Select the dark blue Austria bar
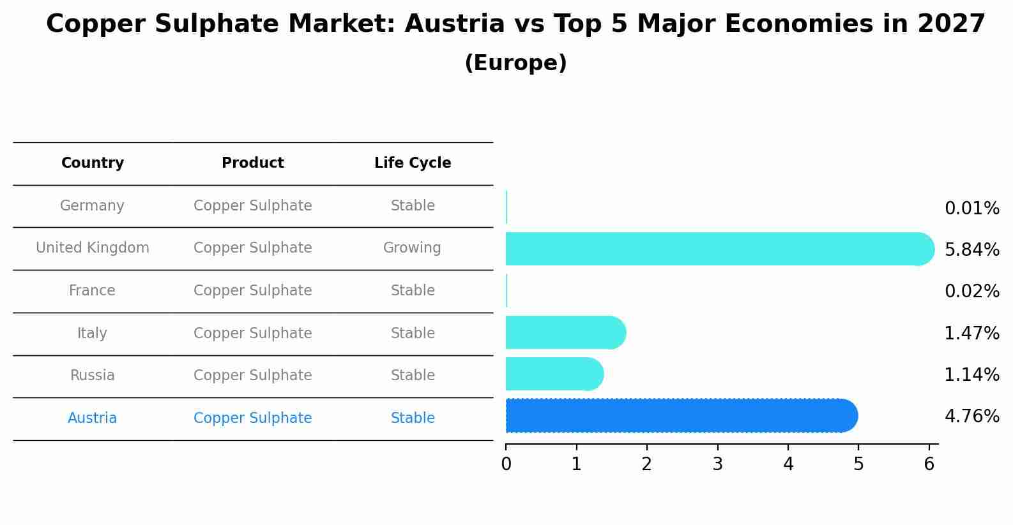pos(680,416)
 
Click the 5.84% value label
pos(971,249)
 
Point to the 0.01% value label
pos(971,209)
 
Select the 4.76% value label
pos(971,417)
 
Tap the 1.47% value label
pos(971,333)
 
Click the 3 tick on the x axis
pos(718,464)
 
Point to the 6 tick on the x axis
pos(929,464)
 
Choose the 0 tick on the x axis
pos(506,464)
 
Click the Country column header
pos(93,163)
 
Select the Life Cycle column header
pos(413,163)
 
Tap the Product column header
pos(253,163)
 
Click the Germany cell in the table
pos(92,206)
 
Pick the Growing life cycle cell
pos(412,248)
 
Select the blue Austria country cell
pos(92,418)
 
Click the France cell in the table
pos(92,291)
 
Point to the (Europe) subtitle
pos(515,63)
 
